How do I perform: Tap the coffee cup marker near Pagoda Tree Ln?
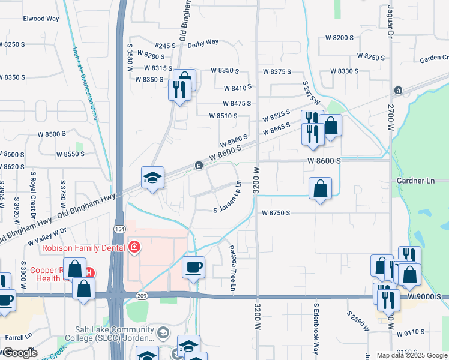193,267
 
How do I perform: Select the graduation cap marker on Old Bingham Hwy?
152,178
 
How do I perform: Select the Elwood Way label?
41,19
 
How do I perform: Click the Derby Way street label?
202,43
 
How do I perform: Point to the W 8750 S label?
276,213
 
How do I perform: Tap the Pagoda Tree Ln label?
232,266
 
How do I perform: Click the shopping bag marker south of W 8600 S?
321,188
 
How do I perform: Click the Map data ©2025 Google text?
411,355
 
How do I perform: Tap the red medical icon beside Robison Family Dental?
135,247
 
